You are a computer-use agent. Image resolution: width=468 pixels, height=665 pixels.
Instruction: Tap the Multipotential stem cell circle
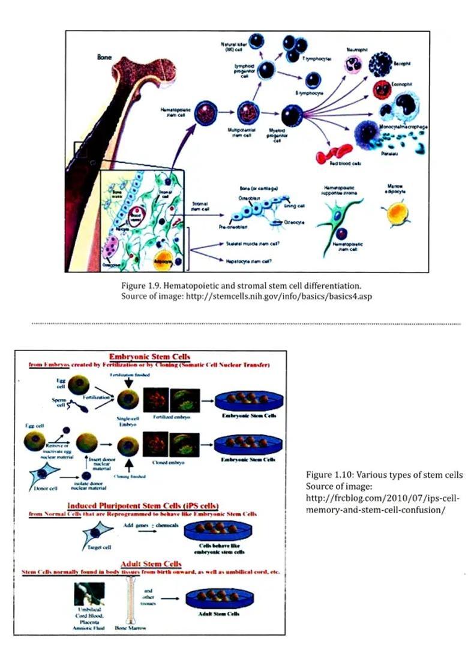pyautogui.click(x=247, y=112)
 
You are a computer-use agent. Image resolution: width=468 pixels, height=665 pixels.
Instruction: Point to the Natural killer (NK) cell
pyautogui.click(x=256, y=41)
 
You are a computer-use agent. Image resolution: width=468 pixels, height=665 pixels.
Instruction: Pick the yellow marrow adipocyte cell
pyautogui.click(x=397, y=213)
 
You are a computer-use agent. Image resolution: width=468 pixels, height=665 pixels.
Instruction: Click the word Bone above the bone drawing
pyautogui.click(x=104, y=57)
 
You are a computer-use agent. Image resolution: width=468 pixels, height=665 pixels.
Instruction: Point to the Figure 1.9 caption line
pyautogui.click(x=241, y=285)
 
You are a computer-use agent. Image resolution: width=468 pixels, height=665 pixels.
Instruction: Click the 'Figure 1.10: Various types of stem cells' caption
pyautogui.click(x=384, y=475)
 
